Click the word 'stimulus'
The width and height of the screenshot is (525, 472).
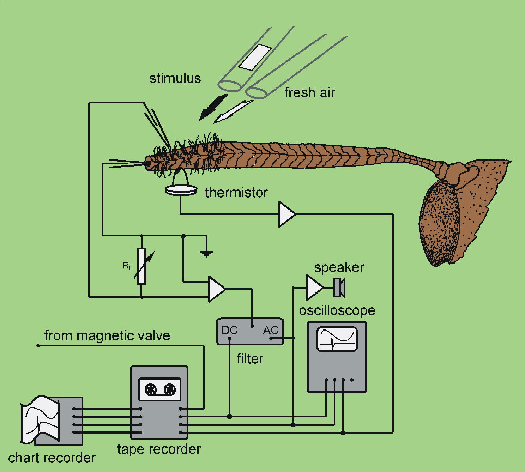pyautogui.click(x=175, y=78)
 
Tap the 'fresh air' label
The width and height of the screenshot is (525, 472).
pyautogui.click(x=309, y=92)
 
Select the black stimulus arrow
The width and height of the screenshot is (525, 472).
pyautogui.click(x=213, y=107)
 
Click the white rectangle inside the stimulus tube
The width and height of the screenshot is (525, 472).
pyautogui.click(x=255, y=57)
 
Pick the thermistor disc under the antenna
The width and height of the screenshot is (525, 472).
pyautogui.click(x=181, y=190)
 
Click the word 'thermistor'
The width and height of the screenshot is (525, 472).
pyautogui.click(x=236, y=193)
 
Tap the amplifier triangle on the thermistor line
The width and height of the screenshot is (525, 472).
pyautogui.click(x=286, y=214)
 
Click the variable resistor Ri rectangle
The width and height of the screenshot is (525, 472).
pyautogui.click(x=141, y=266)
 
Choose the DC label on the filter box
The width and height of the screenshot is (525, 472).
pyautogui.click(x=230, y=330)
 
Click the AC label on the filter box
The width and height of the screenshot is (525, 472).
pyautogui.click(x=271, y=330)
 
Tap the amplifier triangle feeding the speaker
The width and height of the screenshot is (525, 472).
pyautogui.click(x=314, y=288)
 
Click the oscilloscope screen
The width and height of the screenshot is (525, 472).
pyautogui.click(x=337, y=339)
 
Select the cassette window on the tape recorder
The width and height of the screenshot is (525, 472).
pyautogui.click(x=160, y=389)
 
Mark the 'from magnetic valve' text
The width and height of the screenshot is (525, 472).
pyautogui.click(x=107, y=335)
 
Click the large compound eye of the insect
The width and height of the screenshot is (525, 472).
pyautogui.click(x=440, y=222)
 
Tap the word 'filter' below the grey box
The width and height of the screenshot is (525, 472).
pyautogui.click(x=250, y=359)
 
